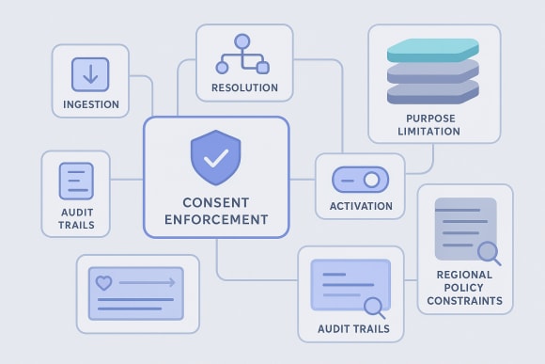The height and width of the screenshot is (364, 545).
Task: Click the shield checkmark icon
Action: tap(215, 157)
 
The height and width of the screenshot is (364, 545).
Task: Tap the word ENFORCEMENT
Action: tap(215, 220)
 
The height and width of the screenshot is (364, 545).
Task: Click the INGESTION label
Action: tap(90, 104)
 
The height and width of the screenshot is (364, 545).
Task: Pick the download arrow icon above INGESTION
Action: tap(90, 73)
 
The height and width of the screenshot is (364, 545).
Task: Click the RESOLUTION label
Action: tap(243, 87)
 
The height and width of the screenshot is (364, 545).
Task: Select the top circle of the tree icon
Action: tap(243, 41)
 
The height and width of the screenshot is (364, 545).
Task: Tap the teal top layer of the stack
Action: tap(433, 50)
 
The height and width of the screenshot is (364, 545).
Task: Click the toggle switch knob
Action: tap(371, 179)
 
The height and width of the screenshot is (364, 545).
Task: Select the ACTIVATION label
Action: tap(360, 206)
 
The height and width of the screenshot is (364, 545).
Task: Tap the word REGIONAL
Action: tap(465, 274)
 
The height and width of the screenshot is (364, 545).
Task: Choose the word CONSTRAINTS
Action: tap(465, 302)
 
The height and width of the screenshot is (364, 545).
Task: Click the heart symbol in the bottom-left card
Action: tap(102, 280)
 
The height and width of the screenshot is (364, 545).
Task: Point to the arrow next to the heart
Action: tap(148, 280)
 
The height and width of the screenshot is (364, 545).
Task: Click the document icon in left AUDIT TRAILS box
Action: tap(75, 181)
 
